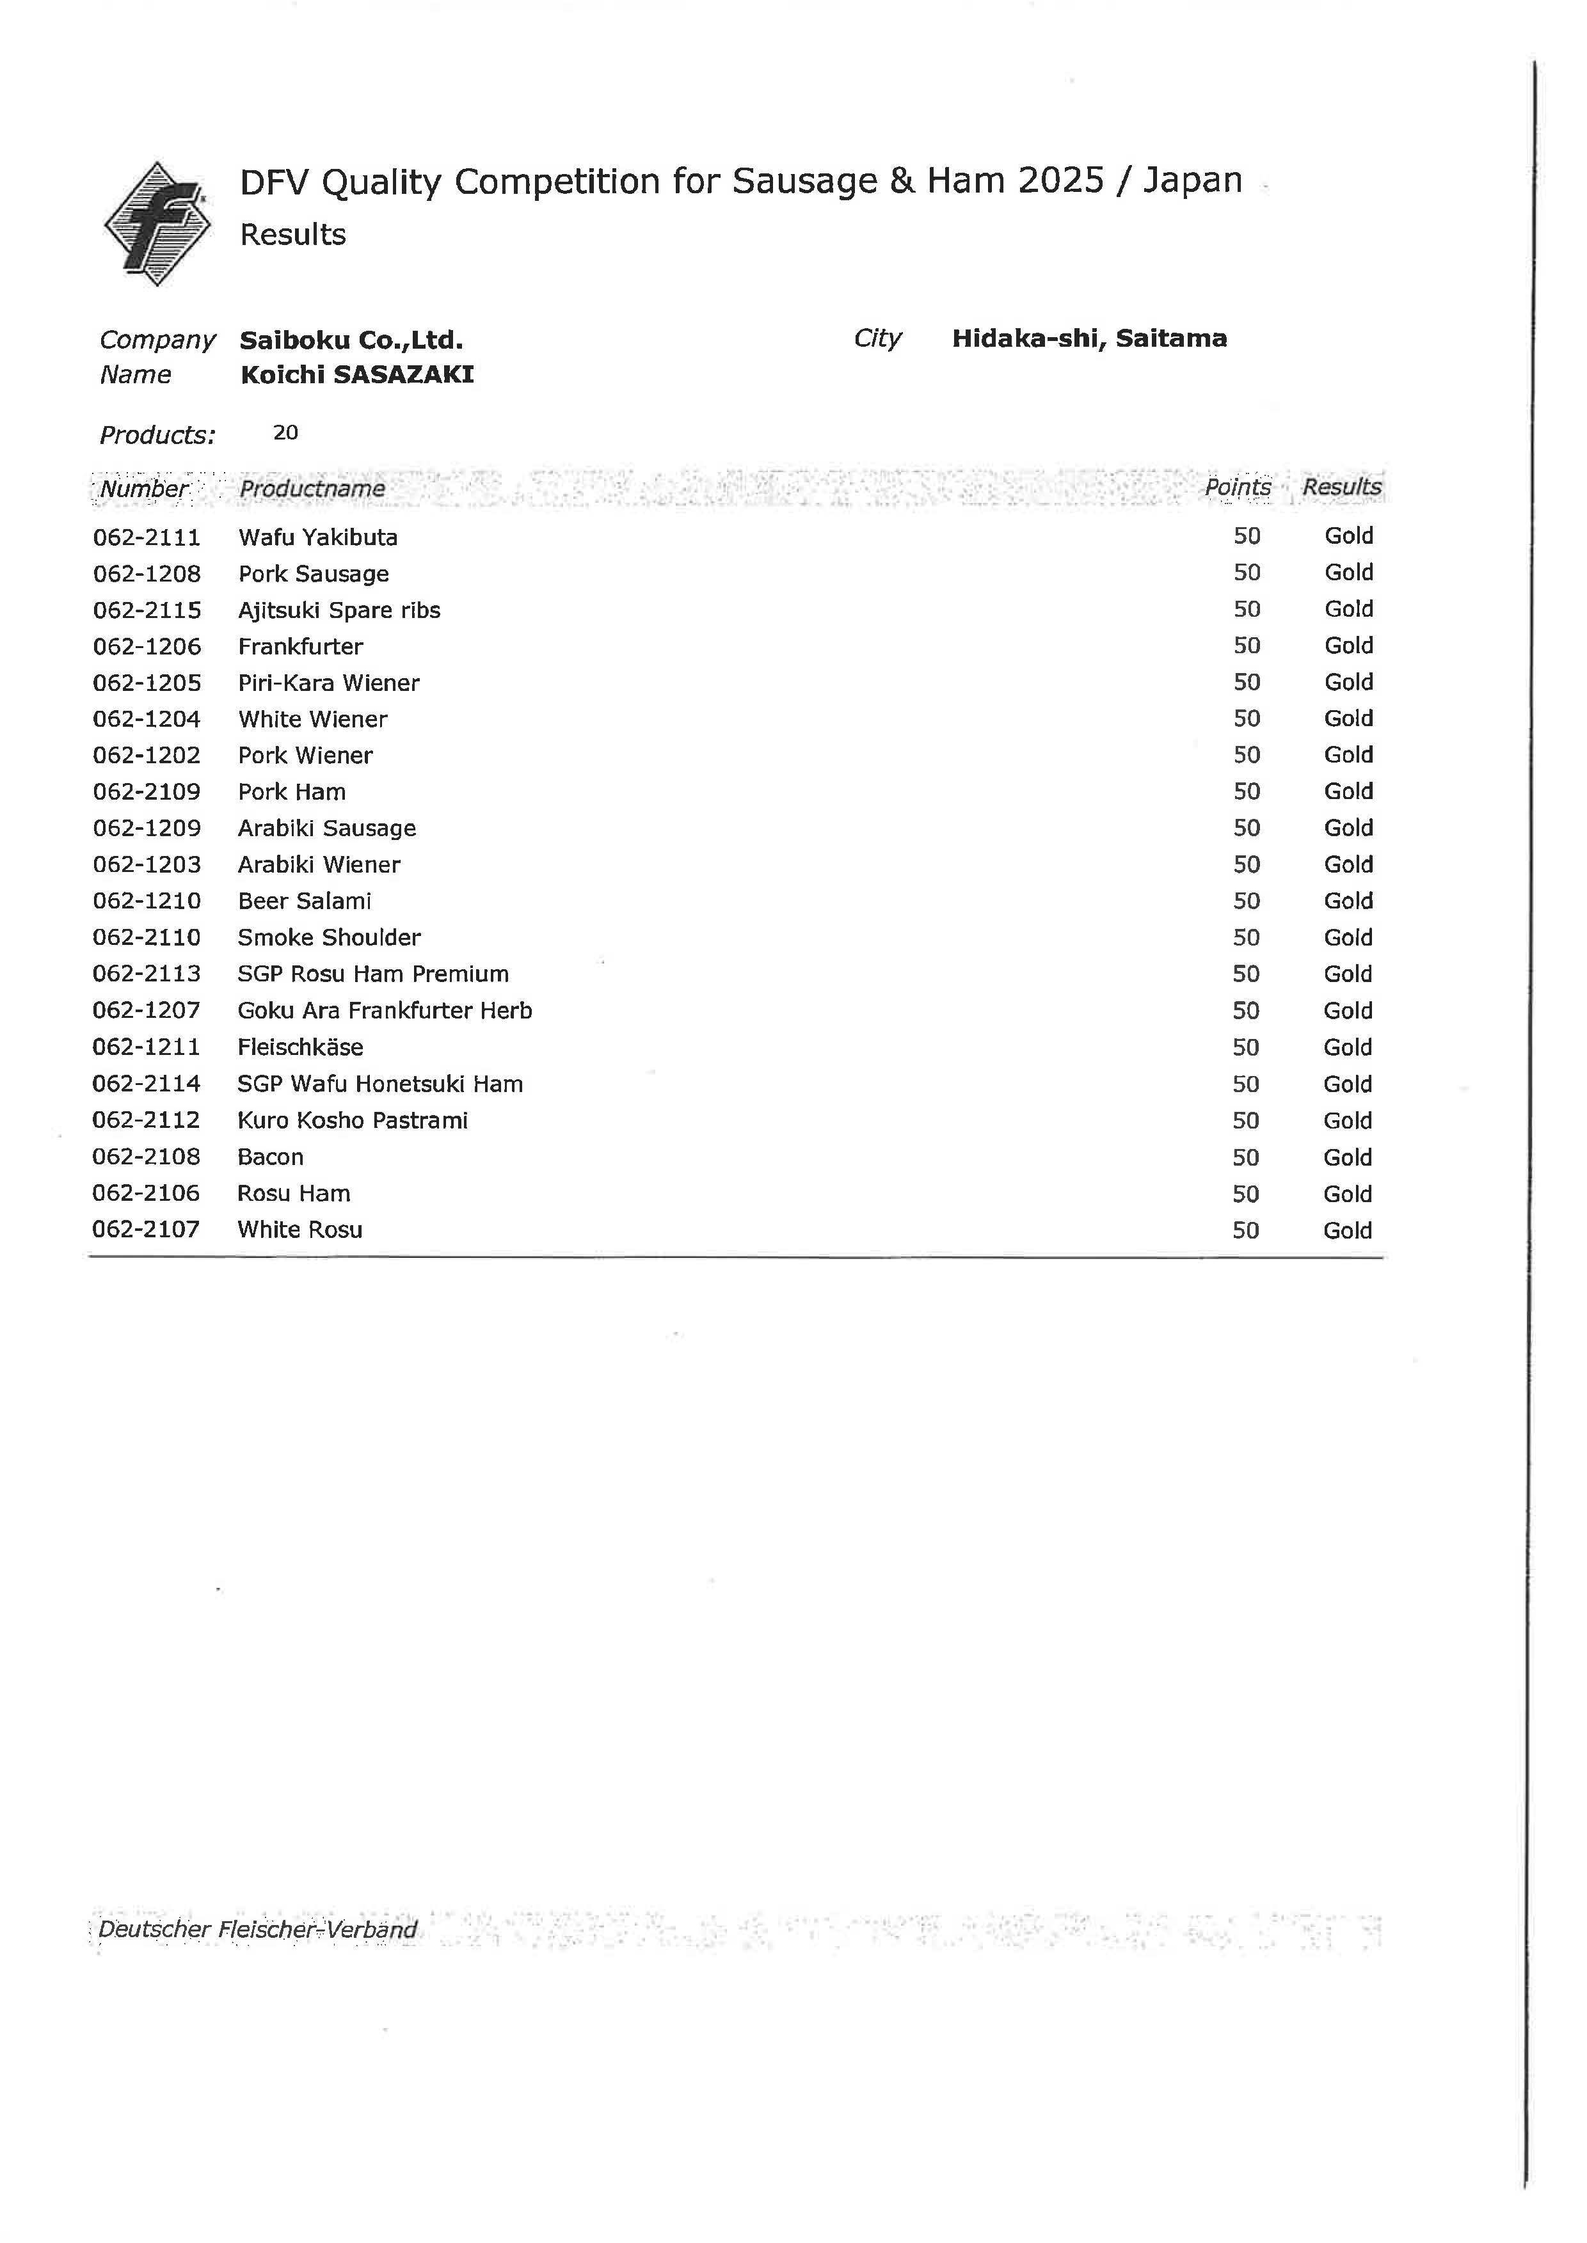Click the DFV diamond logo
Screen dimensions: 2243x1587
click(x=156, y=224)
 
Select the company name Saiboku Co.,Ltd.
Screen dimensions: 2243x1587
click(x=351, y=340)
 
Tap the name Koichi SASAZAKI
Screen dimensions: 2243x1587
click(x=356, y=375)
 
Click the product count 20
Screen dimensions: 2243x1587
click(x=285, y=432)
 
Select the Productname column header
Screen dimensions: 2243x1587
click(x=312, y=489)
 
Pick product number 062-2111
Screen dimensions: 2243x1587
click(x=147, y=537)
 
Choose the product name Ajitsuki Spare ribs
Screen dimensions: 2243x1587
click(x=339, y=610)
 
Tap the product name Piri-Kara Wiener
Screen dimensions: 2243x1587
click(x=328, y=683)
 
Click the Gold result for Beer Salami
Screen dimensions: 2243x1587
click(x=1348, y=901)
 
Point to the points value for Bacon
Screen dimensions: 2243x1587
click(x=1245, y=1157)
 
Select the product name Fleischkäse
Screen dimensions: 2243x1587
click(x=300, y=1047)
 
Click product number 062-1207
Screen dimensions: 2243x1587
click(x=146, y=1011)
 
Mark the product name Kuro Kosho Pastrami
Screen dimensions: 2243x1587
click(x=352, y=1120)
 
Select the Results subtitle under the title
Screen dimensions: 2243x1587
click(x=292, y=234)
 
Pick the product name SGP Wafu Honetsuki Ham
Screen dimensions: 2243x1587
click(x=379, y=1084)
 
